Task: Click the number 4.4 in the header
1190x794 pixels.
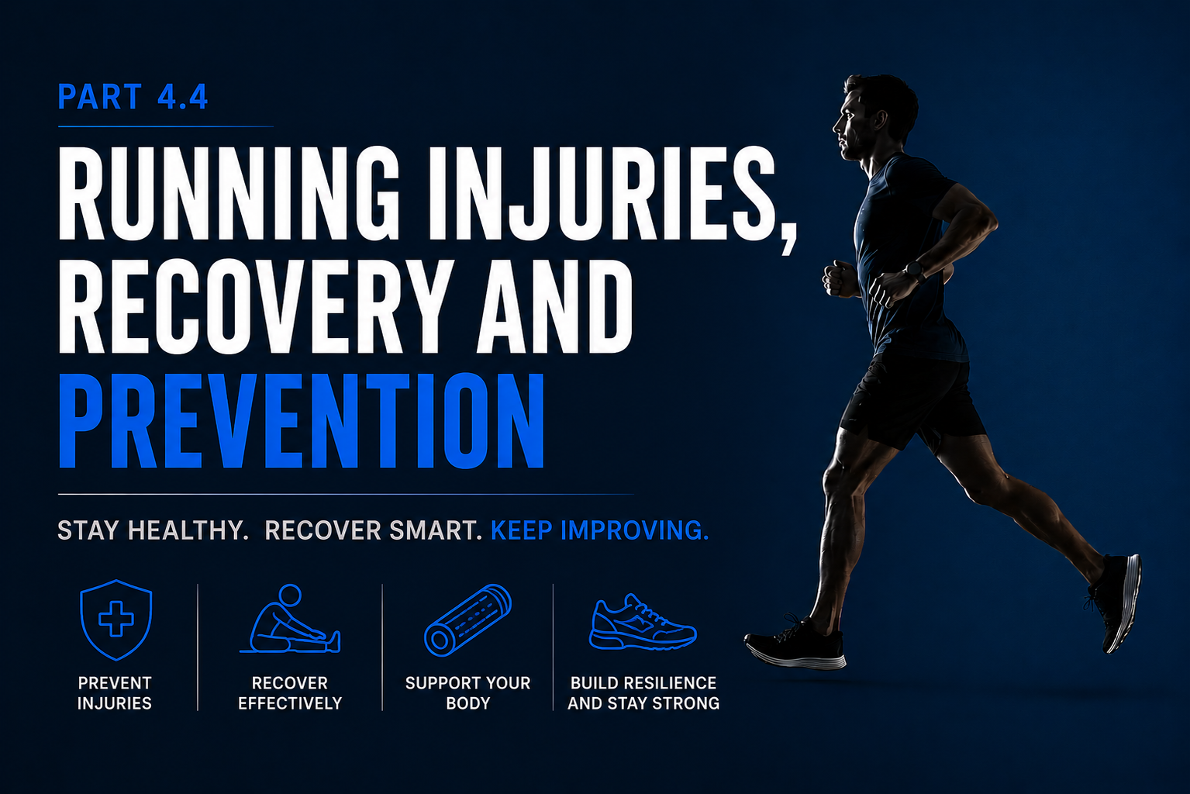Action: tap(183, 97)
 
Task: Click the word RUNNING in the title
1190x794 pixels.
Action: tap(229, 193)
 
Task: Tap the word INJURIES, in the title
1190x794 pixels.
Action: tap(612, 199)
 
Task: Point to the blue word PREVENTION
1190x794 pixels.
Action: tap(302, 420)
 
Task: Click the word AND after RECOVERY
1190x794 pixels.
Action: tap(555, 306)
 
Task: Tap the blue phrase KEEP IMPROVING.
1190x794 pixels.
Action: tap(600, 530)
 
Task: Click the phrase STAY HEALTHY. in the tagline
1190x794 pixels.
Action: tap(153, 530)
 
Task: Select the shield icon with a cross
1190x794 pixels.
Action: tap(116, 620)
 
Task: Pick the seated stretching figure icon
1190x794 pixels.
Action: tap(289, 620)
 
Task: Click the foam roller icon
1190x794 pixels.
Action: tap(467, 620)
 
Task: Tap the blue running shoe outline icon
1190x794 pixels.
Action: tap(643, 622)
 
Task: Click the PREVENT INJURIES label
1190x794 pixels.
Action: tap(115, 693)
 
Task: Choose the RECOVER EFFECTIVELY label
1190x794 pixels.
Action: tap(290, 693)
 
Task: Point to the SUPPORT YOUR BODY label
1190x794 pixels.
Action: tap(468, 693)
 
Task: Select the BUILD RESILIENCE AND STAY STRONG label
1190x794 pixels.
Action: tap(643, 693)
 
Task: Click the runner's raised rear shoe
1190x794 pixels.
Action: tap(1114, 602)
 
